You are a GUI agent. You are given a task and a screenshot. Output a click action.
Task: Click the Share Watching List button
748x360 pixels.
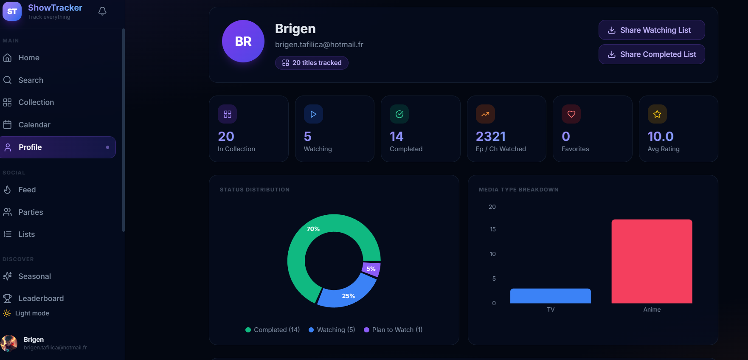pos(652,30)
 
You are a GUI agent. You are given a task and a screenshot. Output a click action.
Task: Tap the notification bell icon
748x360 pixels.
pos(102,11)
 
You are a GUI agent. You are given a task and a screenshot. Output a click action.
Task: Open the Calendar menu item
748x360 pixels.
pos(34,125)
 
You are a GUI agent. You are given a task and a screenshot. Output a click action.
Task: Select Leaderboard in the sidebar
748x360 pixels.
pos(41,298)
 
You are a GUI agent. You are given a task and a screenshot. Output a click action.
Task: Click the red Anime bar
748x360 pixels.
pos(652,261)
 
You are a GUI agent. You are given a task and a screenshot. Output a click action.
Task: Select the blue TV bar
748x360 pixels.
pos(550,296)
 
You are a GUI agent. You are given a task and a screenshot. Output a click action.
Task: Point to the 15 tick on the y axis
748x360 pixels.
pos(492,229)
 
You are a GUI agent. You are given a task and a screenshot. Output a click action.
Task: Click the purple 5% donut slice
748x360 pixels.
pos(371,269)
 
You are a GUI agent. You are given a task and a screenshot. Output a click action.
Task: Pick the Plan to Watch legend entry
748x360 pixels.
pos(393,330)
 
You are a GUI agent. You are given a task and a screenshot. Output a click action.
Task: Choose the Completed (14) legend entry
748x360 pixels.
pos(273,330)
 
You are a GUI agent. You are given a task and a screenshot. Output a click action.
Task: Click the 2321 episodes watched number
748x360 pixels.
pos(491,136)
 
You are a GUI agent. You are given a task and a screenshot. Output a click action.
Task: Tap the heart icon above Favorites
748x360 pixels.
pos(571,114)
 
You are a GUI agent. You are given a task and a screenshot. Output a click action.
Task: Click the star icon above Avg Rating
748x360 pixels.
pos(657,114)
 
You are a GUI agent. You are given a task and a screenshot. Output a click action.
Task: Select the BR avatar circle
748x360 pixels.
pos(243,41)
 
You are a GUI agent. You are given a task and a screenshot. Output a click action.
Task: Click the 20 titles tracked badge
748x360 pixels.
pos(312,63)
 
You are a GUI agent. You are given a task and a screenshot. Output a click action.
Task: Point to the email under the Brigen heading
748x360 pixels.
pos(319,45)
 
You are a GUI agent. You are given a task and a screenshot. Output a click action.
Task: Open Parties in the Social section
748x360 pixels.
pos(31,212)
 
